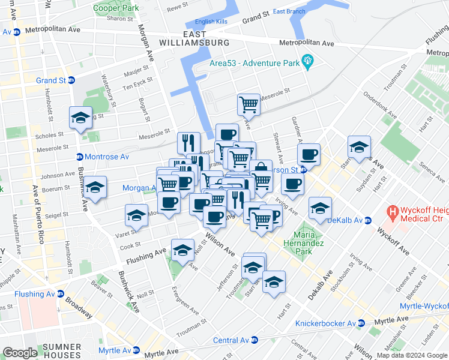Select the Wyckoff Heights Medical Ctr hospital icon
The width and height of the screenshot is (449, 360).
393,212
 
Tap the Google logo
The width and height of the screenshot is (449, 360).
20,353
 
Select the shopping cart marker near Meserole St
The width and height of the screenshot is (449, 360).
249,104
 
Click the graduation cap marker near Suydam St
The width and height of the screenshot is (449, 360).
358,146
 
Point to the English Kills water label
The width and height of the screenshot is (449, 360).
213,22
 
